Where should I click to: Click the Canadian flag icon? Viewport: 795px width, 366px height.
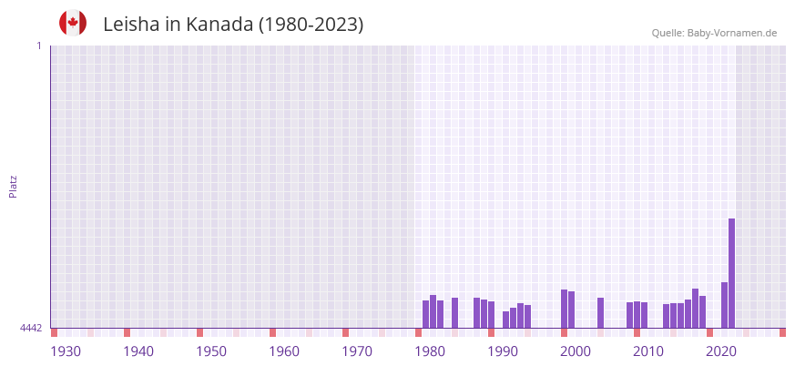(x=73, y=24)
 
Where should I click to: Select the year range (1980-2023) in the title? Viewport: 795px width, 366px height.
(x=311, y=25)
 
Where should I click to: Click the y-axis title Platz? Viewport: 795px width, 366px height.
(x=13, y=186)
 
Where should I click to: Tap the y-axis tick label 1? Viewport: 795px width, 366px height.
(x=38, y=46)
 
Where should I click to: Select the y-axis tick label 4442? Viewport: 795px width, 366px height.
(x=31, y=328)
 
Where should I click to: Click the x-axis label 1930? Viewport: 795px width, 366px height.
(x=66, y=351)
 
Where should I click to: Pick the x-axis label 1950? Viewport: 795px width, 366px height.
(x=211, y=351)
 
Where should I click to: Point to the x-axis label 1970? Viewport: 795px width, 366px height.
(x=357, y=351)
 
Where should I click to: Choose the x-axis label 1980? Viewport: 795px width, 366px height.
(x=430, y=351)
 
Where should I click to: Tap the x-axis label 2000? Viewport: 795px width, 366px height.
(x=576, y=351)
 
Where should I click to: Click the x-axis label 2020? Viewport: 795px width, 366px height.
(x=721, y=351)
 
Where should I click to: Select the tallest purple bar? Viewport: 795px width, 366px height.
(x=731, y=273)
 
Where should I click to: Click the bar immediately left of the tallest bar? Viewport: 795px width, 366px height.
(x=724, y=305)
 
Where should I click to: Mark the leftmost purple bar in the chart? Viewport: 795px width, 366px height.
(x=425, y=314)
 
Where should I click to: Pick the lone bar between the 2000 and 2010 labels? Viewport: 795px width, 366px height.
(x=600, y=312)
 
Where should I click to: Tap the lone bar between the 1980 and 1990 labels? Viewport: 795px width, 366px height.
(x=454, y=312)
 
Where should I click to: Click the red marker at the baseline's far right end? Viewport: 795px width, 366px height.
(x=782, y=332)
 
